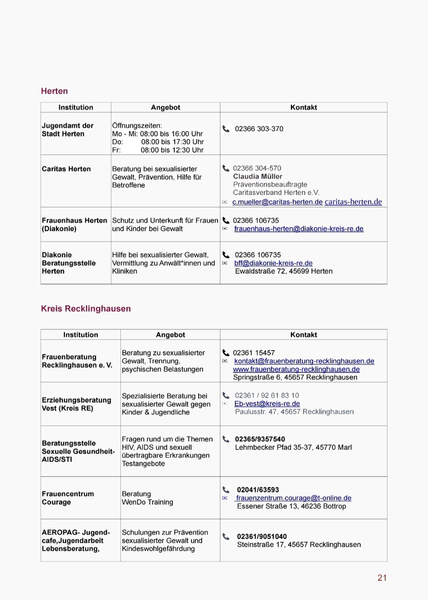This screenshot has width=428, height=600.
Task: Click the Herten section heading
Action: pos(54,91)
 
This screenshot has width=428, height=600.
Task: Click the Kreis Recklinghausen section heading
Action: pos(85,309)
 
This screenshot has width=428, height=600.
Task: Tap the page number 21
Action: pos(382,578)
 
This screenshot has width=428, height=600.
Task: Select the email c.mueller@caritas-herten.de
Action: pos(277,202)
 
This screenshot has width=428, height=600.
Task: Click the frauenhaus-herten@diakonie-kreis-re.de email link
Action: pos(299,229)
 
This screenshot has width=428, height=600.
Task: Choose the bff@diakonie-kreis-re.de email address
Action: pos(273,263)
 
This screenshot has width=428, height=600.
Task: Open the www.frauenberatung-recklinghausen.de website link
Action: pos(296,369)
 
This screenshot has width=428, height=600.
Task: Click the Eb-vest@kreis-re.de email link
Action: pos(267,404)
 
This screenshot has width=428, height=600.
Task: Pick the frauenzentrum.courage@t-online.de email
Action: pos(294,498)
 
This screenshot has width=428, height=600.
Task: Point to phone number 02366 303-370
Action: pos(259,129)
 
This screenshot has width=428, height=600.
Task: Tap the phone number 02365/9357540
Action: pos(260,439)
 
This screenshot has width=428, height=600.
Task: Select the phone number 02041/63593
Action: pos(258,490)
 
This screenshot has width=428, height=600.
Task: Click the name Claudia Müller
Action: pos(258,177)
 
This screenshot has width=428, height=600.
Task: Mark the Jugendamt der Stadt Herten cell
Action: pos(67,130)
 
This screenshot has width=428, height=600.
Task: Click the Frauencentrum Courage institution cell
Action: pos(68,498)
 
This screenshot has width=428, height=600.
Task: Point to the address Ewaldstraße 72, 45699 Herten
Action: pos(284,272)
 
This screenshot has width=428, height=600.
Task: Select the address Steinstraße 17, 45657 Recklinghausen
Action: pos(299,545)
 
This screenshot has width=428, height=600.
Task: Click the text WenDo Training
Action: pos(147,502)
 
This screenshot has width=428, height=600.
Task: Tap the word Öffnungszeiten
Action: pos(137,126)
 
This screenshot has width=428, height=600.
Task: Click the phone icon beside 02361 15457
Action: pos(226,353)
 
